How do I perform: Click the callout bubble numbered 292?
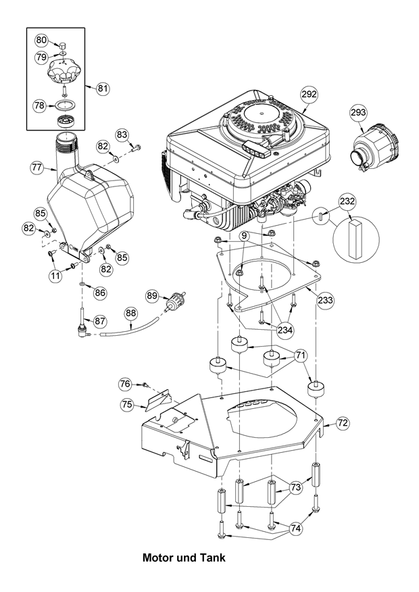308,95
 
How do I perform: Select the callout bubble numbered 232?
347,201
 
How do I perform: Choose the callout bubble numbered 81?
103,88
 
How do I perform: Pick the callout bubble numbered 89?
152,295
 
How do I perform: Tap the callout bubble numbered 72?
343,423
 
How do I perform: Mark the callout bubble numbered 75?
127,404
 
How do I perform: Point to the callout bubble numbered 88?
130,313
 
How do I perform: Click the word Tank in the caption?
211,559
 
